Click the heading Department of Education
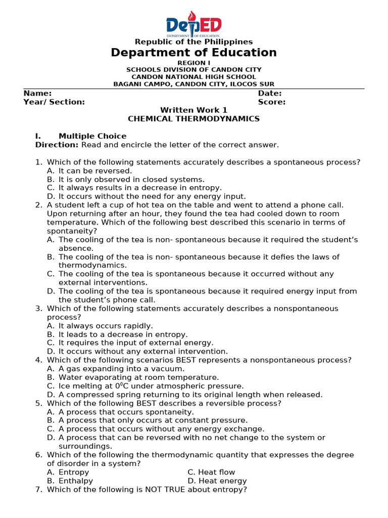[x=194, y=53]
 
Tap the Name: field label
[x=37, y=94]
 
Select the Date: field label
[x=270, y=94]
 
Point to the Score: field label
[x=272, y=102]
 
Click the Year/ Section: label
[x=54, y=102]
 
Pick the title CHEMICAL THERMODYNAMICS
[x=194, y=119]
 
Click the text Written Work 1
[x=194, y=110]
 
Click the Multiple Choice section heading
[x=92, y=137]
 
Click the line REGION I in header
[x=194, y=63]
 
